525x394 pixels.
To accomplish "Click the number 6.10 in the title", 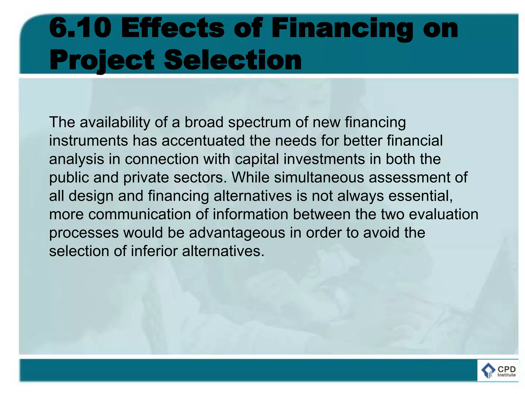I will click(80, 28).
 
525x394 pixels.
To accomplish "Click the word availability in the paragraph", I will click(115, 122).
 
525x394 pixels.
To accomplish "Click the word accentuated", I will click(203, 141).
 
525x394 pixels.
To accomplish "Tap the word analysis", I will click(76, 159).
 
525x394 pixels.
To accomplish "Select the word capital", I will click(257, 159).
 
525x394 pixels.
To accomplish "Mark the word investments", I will click(324, 159).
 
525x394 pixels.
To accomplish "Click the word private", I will click(146, 178).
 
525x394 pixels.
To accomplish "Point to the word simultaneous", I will click(319, 178).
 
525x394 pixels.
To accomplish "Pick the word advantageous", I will click(237, 233).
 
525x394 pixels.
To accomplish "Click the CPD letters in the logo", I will click(507, 369).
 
